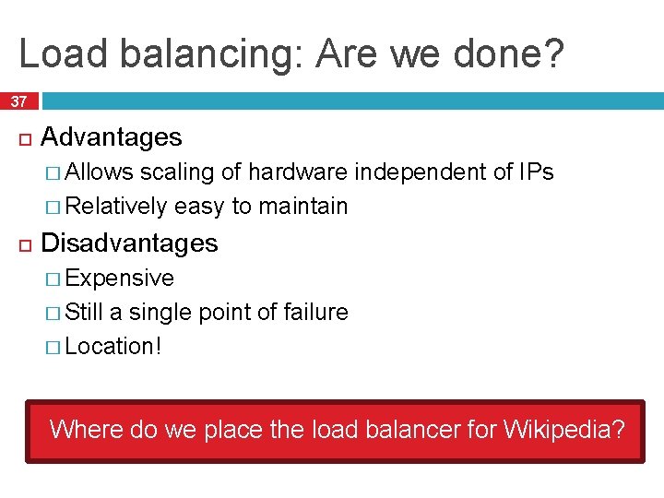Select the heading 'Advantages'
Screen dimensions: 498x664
(x=112, y=137)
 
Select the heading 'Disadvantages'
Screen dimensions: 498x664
(x=130, y=243)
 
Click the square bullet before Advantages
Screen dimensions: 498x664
(x=24, y=138)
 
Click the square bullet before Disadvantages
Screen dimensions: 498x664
(x=24, y=244)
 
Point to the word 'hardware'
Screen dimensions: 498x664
(x=298, y=172)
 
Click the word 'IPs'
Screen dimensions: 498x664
(x=536, y=172)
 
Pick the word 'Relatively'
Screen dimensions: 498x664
(x=117, y=206)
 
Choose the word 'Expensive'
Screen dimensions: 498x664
(x=120, y=278)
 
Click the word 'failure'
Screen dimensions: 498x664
(x=316, y=312)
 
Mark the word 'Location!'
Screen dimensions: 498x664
(x=113, y=346)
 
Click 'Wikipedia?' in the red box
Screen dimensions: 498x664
(x=563, y=429)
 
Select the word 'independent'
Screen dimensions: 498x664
(x=421, y=172)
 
